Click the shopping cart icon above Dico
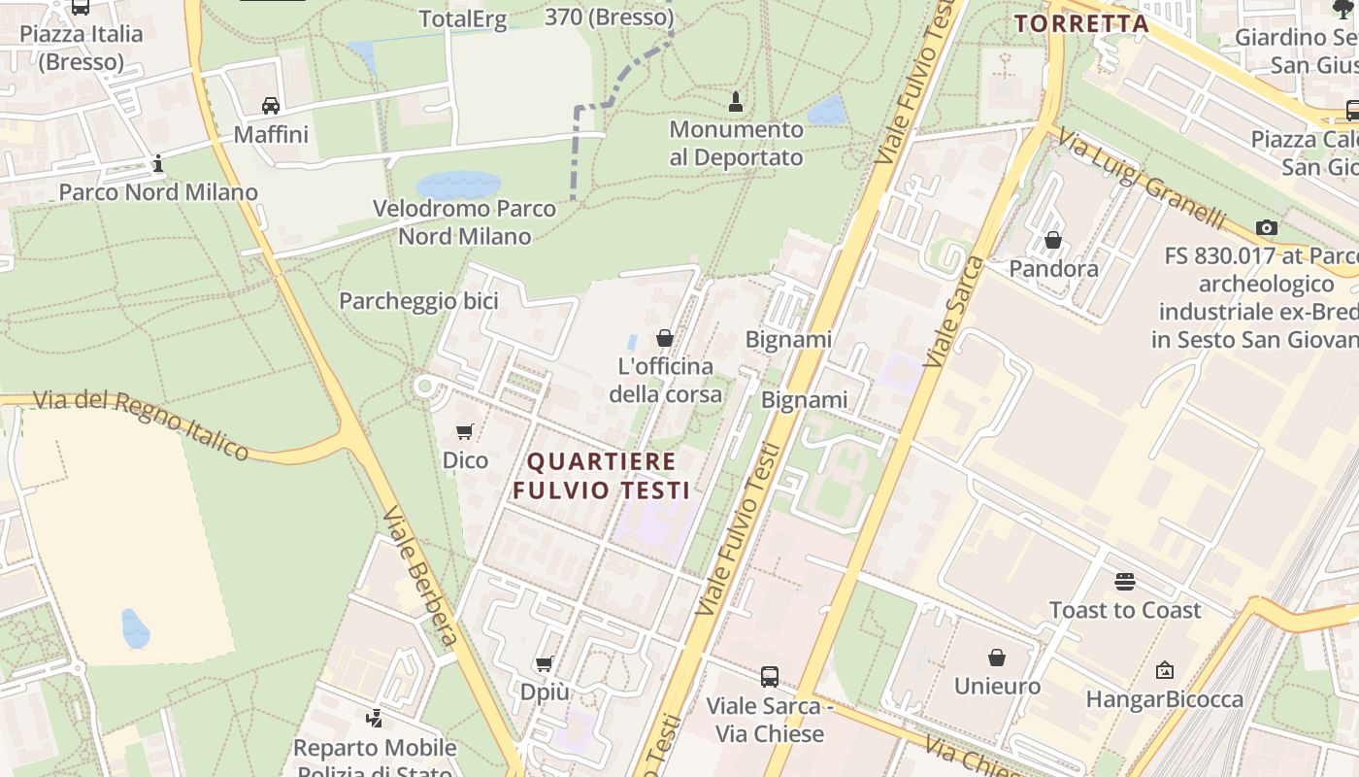click(x=465, y=431)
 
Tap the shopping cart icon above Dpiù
click(x=545, y=664)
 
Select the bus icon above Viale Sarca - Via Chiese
click(x=770, y=676)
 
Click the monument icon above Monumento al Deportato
click(x=736, y=101)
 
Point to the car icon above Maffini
click(x=271, y=106)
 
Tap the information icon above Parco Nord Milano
click(x=158, y=163)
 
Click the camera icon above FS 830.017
click(x=1267, y=228)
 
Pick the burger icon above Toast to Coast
click(x=1125, y=582)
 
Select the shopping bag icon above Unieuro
click(x=997, y=658)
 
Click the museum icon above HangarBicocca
click(x=1164, y=670)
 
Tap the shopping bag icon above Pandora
click(x=1053, y=240)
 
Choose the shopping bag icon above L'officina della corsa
click(x=665, y=338)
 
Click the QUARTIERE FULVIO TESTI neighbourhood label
click(x=602, y=475)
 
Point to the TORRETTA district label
click(x=1081, y=23)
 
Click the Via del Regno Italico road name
click(x=142, y=424)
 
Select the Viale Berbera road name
click(x=419, y=575)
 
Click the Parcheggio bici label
click(x=418, y=301)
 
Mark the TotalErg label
click(x=462, y=18)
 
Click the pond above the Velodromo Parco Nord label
click(x=458, y=185)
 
